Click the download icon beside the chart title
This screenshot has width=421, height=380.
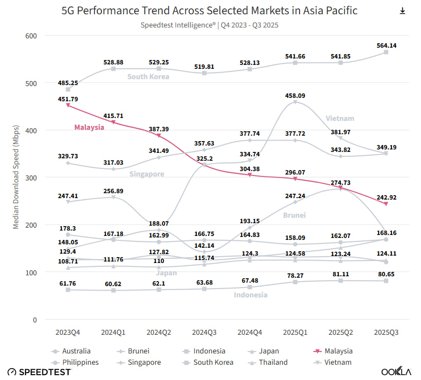402,11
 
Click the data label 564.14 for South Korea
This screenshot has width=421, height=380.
386,45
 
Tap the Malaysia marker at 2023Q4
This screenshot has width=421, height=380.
68,105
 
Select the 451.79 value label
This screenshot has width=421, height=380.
68,98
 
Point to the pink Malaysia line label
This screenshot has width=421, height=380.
89,127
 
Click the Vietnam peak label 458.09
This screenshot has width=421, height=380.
295,95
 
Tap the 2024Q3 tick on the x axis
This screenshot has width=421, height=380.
204,333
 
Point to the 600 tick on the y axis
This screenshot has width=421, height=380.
31,36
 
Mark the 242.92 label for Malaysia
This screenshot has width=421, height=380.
386,197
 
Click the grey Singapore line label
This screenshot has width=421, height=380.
147,174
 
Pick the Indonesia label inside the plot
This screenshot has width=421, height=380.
251,295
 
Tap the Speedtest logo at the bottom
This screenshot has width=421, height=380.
39,372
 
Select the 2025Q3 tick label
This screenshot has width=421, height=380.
386,333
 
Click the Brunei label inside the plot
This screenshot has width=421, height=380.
294,215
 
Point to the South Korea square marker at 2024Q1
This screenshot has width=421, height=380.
114,69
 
